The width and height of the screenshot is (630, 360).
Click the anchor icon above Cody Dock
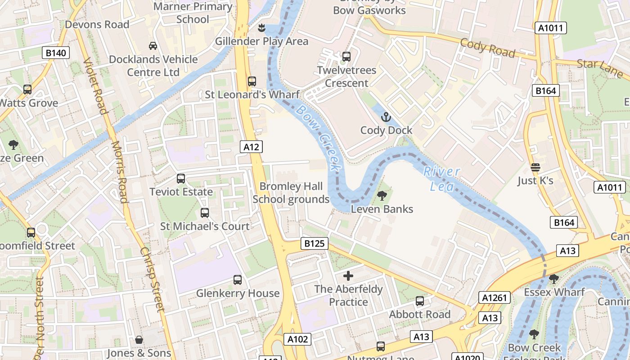click(x=386, y=117)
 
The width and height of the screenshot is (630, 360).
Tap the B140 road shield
click(x=56, y=53)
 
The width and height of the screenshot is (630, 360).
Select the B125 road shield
click(x=314, y=243)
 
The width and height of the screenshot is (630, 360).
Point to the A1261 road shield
click(x=495, y=297)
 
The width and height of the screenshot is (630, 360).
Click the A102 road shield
click(x=298, y=339)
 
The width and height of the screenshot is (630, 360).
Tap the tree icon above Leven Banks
click(x=382, y=196)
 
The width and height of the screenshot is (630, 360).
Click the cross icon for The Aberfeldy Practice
click(x=348, y=275)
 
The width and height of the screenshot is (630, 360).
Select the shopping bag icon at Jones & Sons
click(x=139, y=340)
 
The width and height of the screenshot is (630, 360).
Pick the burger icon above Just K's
click(x=535, y=167)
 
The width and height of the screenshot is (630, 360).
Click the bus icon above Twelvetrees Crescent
click(x=346, y=57)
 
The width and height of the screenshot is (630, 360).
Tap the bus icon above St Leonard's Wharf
click(x=252, y=81)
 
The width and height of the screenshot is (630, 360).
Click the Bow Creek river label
click(x=318, y=138)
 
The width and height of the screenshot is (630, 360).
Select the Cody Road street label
click(x=487, y=47)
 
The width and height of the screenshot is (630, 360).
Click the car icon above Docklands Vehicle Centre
click(x=153, y=46)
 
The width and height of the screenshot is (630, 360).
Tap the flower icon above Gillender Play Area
click(x=261, y=28)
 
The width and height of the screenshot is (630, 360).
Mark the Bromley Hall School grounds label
click(x=291, y=193)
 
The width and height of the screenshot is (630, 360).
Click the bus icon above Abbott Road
click(x=420, y=301)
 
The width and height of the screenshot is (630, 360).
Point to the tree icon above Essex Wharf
click(x=554, y=279)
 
